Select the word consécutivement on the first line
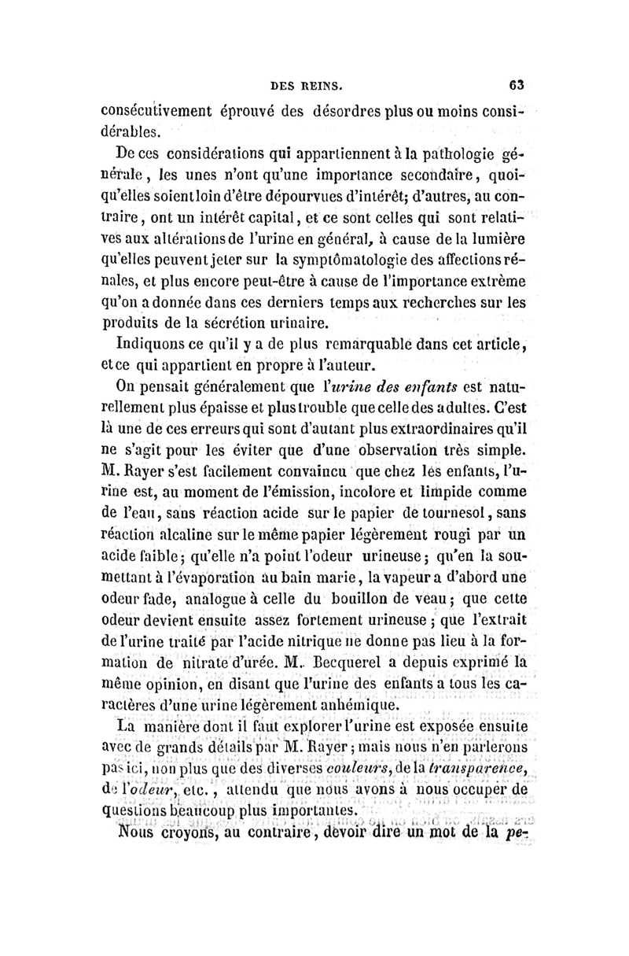(164, 111)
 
